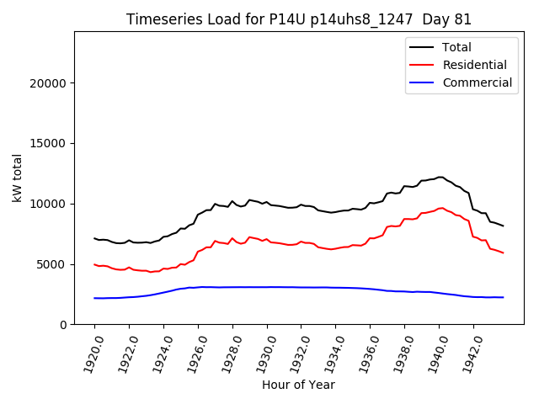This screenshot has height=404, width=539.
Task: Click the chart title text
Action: [299, 19]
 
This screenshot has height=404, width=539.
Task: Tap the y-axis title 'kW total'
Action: [18, 178]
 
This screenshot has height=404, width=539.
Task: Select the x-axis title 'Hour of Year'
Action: [298, 385]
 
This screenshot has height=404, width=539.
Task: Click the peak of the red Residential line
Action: [441, 207]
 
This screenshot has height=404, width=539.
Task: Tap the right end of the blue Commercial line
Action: [504, 297]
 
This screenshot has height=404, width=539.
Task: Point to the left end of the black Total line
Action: [94, 238]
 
